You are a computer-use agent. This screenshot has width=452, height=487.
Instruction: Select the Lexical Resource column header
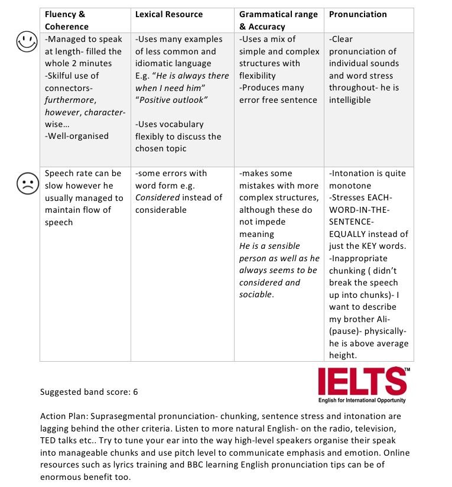tap(169, 14)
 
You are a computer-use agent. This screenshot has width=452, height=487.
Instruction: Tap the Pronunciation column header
tap(358, 14)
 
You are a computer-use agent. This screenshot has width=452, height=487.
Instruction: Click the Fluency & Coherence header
tap(66, 20)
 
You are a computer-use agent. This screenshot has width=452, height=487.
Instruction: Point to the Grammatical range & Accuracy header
tap(278, 20)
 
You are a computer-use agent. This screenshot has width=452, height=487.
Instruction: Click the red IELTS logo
tap(363, 381)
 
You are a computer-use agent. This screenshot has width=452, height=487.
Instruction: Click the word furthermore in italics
tap(70, 100)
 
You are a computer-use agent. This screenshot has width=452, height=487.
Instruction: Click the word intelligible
tap(350, 100)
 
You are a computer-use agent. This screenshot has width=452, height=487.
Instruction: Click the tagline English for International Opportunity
tap(362, 401)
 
